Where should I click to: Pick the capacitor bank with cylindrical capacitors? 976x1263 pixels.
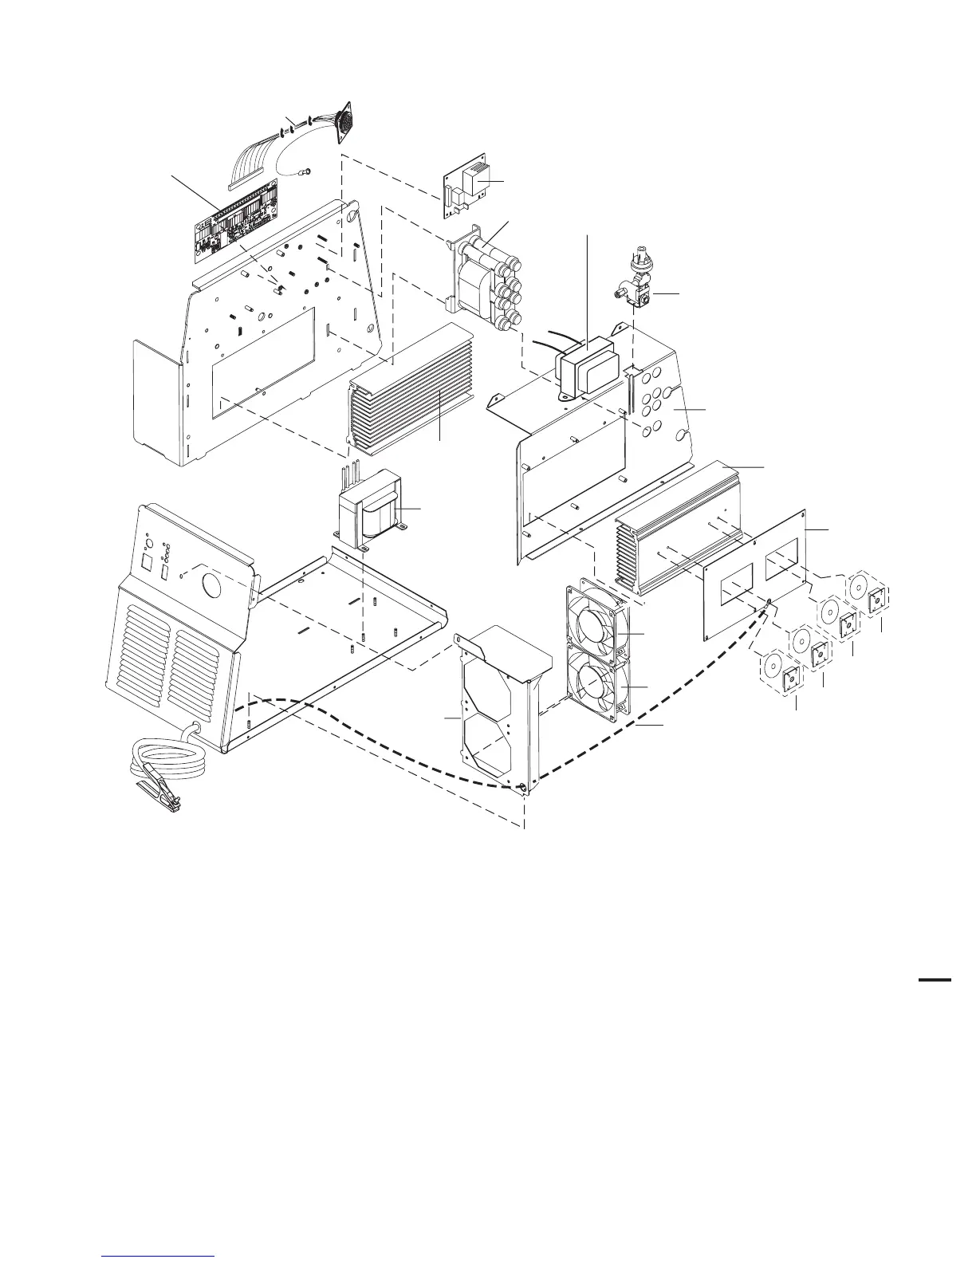click(x=486, y=275)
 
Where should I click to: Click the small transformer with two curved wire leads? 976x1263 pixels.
click(x=586, y=371)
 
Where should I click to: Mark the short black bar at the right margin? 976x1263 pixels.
click(x=935, y=979)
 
